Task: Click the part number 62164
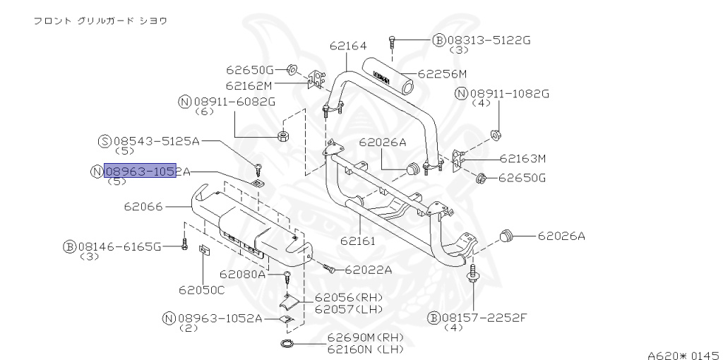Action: pyautogui.click(x=347, y=46)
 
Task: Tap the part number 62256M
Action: pyautogui.click(x=442, y=73)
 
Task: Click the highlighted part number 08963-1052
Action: pyautogui.click(x=140, y=171)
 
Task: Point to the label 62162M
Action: pyautogui.click(x=249, y=85)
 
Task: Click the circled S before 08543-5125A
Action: pyautogui.click(x=105, y=141)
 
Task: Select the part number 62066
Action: pyautogui.click(x=143, y=207)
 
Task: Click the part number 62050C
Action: pyautogui.click(x=201, y=289)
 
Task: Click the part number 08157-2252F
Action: pyautogui.click(x=485, y=318)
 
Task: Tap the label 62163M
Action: pyautogui.click(x=523, y=159)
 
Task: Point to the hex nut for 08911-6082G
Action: pyautogui.click(x=281, y=136)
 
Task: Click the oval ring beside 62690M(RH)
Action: pyautogui.click(x=287, y=343)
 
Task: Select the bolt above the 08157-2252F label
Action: pyautogui.click(x=471, y=275)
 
